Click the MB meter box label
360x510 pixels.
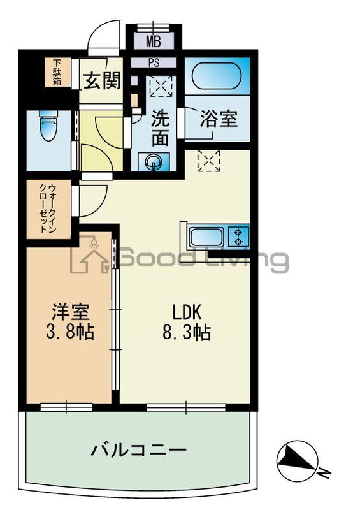pos(153,42)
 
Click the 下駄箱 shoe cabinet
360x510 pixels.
pos(57,73)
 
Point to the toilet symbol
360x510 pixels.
pos(47,127)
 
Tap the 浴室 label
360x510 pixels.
pos(219,119)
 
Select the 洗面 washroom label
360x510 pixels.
pos(159,128)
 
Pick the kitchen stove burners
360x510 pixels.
pos(240,237)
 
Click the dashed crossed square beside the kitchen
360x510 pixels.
pos(208,159)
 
